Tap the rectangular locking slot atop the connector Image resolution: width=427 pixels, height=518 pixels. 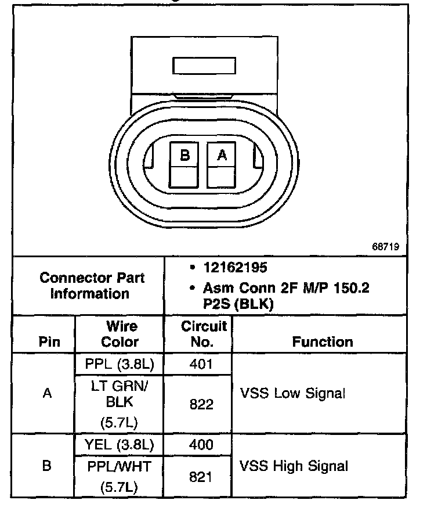tap(204, 65)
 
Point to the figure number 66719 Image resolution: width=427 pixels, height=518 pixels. tap(385, 246)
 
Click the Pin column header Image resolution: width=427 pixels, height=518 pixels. tap(49, 342)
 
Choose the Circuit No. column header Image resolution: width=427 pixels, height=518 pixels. tap(201, 334)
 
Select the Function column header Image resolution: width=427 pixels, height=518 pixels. tap(323, 342)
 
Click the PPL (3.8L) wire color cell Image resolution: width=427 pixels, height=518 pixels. tap(121, 365)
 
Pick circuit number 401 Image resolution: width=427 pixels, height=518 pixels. tap(201, 365)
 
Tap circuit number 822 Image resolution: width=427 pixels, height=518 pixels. tap(201, 405)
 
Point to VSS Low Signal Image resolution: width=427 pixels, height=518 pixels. tap(292, 393)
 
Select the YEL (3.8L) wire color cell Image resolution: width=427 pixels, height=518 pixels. tap(121, 445)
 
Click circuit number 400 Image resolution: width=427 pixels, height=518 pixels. tap(201, 445)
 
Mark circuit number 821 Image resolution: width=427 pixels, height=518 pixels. tap(201, 477)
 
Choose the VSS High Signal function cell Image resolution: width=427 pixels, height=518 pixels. tap(294, 466)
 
